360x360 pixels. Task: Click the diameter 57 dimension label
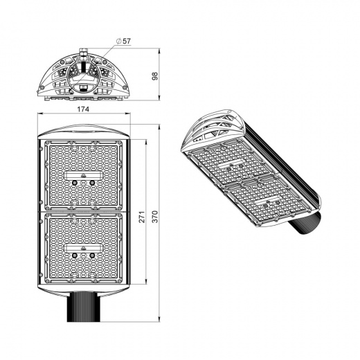124,41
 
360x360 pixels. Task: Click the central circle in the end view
83,69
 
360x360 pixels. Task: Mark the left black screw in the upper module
74,180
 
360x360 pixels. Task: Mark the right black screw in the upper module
91,180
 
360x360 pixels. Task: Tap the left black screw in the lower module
74,255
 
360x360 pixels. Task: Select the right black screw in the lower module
91,255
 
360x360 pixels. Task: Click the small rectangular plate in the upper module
82,170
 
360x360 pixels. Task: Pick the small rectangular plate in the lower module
82,245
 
